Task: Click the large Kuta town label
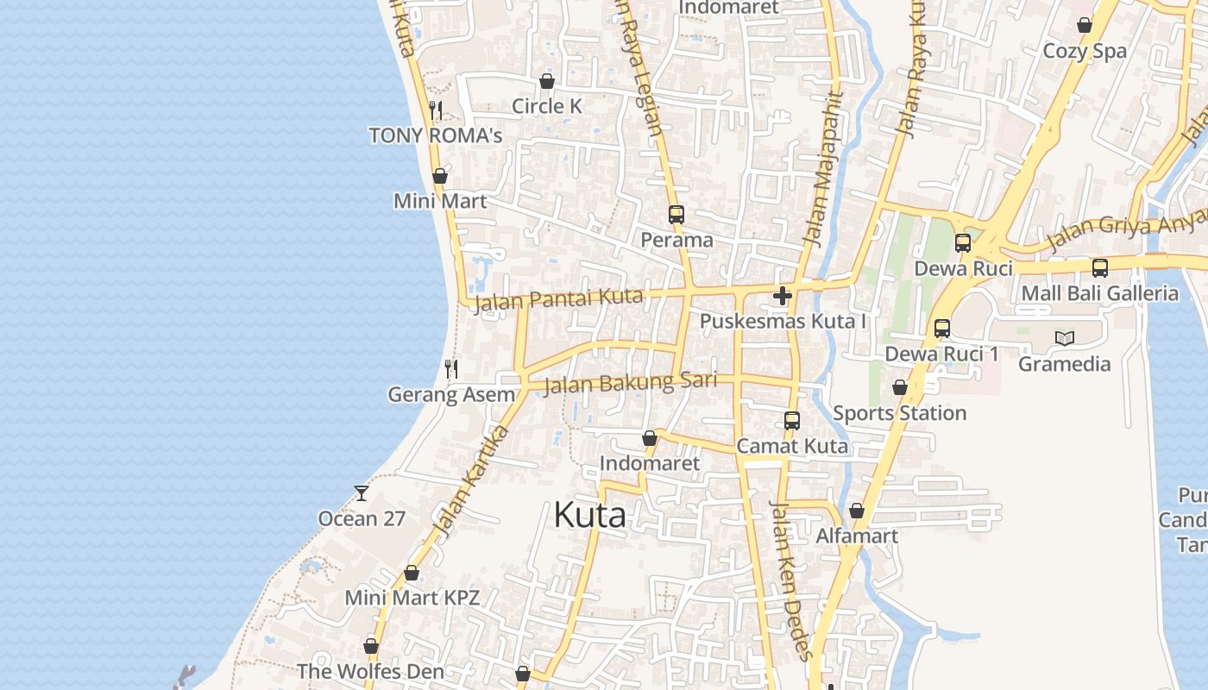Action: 589,515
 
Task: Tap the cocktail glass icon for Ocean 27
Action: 362,493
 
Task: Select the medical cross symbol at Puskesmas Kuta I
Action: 783,297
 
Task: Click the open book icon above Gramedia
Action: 1065,338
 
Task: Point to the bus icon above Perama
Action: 676,215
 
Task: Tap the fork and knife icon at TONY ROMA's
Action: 436,110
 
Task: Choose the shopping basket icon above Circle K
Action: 546,81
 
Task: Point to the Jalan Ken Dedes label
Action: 791,580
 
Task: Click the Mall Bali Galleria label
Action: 1099,293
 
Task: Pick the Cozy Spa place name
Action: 1085,51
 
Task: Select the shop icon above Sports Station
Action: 900,388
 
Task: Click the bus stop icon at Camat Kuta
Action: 792,421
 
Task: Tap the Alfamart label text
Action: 857,536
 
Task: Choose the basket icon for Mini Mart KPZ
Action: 412,574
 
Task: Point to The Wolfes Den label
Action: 370,671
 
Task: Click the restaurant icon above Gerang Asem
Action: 450,369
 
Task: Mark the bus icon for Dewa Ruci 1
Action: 942,329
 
